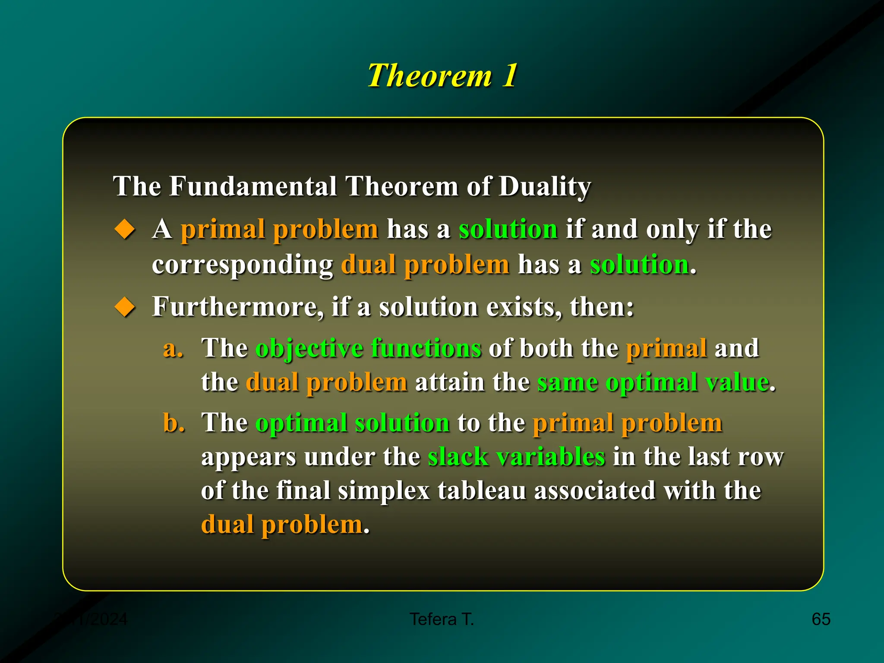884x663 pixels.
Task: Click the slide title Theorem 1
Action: (x=442, y=76)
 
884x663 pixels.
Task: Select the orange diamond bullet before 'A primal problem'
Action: (x=125, y=229)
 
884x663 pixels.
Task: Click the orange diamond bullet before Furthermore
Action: (x=125, y=307)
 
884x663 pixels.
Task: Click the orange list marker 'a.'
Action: (x=173, y=348)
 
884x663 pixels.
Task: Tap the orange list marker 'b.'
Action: (x=174, y=423)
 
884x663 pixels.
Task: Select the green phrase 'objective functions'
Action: (x=368, y=348)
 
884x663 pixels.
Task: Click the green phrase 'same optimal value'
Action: (x=653, y=382)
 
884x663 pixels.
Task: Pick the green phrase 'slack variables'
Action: (x=516, y=457)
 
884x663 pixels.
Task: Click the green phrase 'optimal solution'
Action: (x=353, y=423)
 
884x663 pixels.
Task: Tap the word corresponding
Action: (x=242, y=264)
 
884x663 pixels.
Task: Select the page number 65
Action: (x=821, y=619)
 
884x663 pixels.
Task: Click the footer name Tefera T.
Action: (x=442, y=619)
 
